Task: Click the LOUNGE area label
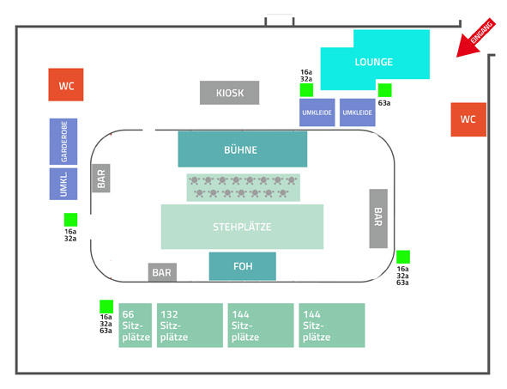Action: pos(374,62)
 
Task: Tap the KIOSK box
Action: pos(230,93)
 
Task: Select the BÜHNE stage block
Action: pos(243,149)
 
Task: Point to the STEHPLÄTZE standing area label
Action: pos(242,227)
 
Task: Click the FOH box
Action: pos(243,266)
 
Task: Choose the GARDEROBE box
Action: pos(63,142)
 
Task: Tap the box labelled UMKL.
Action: pos(63,184)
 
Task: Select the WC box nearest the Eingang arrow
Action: pos(468,119)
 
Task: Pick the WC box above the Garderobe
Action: pos(66,84)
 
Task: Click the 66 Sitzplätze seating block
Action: pos(136,325)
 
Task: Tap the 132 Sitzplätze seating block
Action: pos(190,325)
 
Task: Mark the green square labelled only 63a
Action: pos(385,90)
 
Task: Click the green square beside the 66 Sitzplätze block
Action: pos(106,307)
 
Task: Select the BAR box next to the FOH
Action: pos(162,272)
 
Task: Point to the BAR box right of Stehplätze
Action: pos(378,218)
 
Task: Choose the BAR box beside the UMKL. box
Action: pos(101,178)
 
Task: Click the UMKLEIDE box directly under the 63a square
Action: pos(357,112)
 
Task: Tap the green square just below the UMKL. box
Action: pos(71,220)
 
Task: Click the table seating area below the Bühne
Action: pos(243,187)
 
